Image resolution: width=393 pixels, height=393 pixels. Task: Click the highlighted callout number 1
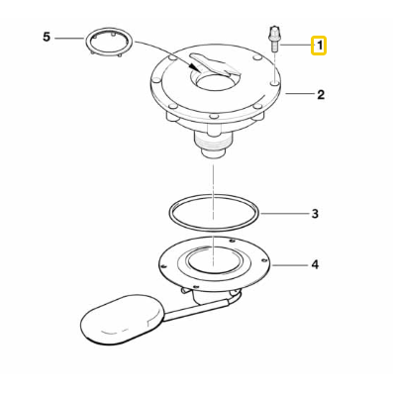pos(320,46)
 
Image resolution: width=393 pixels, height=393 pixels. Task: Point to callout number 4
pos(314,265)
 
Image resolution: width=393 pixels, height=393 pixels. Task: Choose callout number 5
pos(46,38)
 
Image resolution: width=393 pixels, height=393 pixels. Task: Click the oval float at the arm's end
pos(114,321)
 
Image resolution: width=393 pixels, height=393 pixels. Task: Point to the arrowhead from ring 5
pos(196,70)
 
